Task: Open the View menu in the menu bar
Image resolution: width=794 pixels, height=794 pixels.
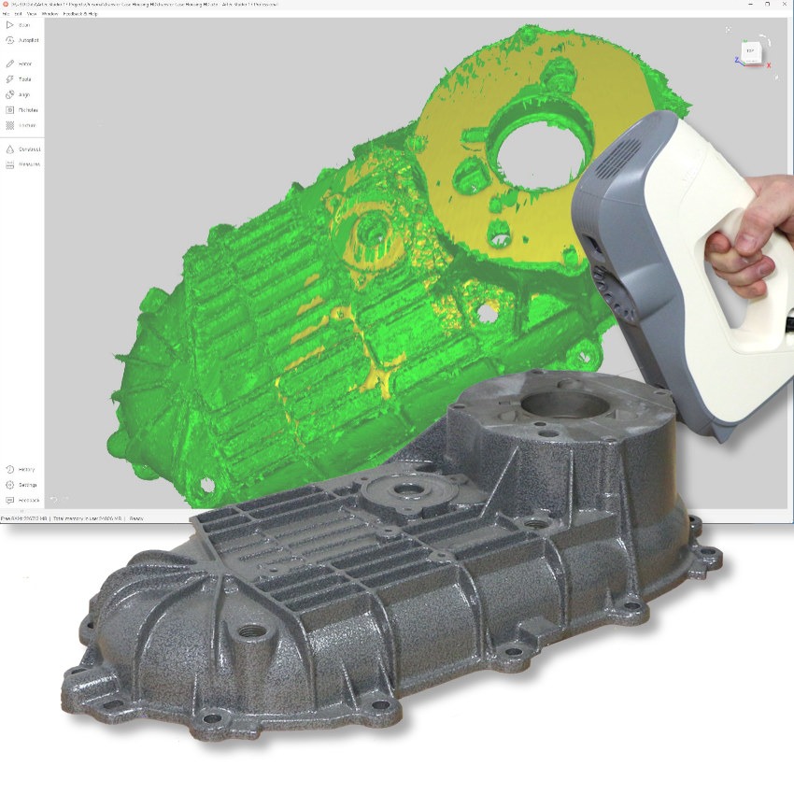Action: pos(31,14)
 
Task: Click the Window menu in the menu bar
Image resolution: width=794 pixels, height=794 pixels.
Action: pos(50,14)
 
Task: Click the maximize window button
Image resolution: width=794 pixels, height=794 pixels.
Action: pos(767,5)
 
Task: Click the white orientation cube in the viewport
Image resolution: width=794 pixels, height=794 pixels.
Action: pos(750,50)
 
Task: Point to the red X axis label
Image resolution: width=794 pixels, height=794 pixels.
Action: pos(768,65)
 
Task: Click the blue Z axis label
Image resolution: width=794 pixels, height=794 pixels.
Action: pos(736,59)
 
